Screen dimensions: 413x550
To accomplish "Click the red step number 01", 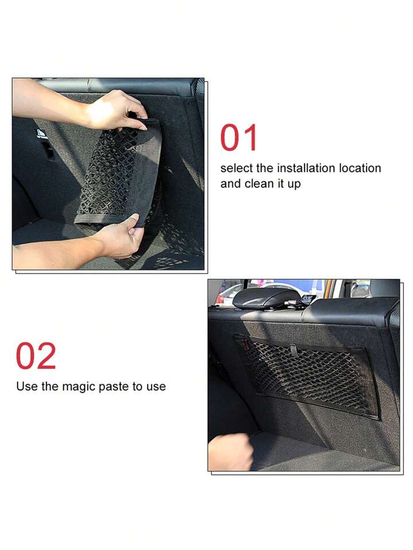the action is [x=239, y=138].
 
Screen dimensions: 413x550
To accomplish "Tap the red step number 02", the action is [x=36, y=356].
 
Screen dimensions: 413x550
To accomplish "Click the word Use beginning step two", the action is [x=26, y=386].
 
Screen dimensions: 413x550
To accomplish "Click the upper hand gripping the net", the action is [x=112, y=109].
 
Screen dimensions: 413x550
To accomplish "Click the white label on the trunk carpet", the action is [x=41, y=134].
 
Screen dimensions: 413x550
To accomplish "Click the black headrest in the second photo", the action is [x=267, y=298].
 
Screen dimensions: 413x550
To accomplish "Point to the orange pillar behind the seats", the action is [x=328, y=288].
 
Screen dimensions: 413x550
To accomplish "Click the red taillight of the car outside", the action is [x=220, y=299].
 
